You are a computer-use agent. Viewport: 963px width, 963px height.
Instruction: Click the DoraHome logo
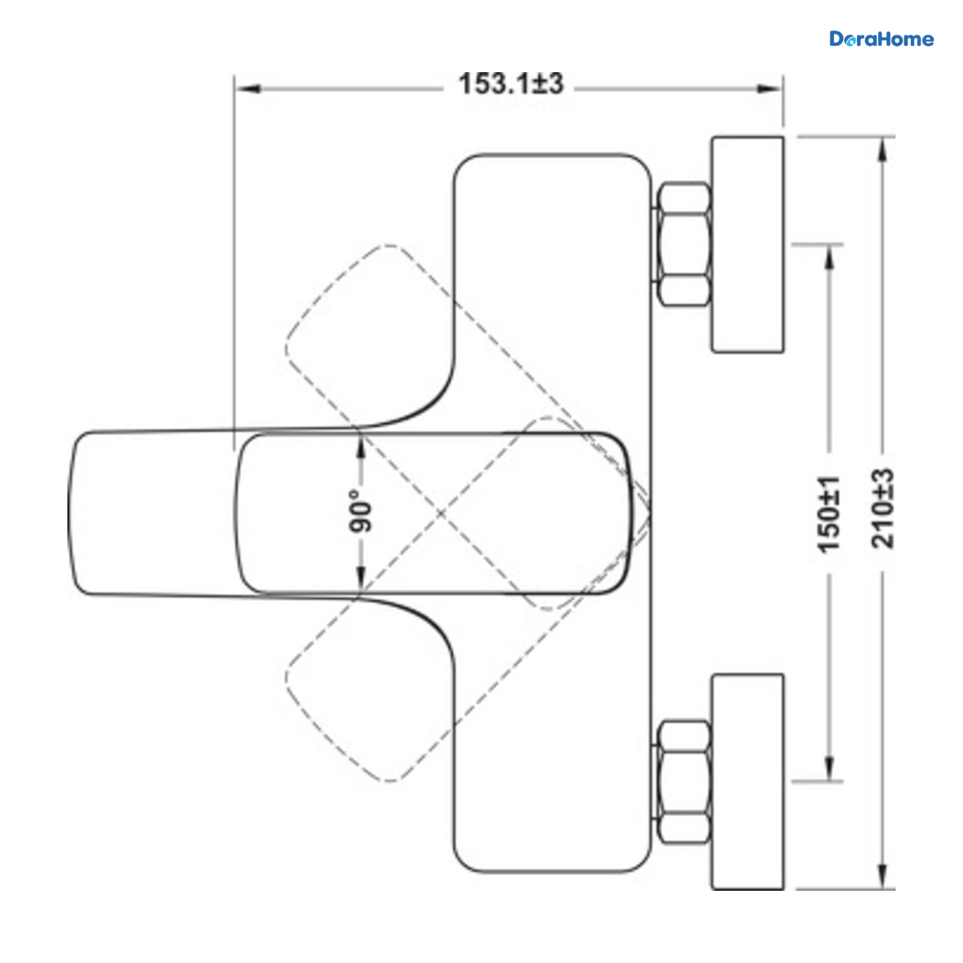[881, 39]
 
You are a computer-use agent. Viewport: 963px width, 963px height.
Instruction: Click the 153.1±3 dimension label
[510, 83]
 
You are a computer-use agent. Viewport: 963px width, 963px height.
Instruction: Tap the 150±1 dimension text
[828, 514]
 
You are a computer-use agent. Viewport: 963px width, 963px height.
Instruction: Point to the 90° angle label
[360, 510]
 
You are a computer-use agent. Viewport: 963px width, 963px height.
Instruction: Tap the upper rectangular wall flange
[748, 245]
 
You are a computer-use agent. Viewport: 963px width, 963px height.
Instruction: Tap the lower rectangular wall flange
[748, 782]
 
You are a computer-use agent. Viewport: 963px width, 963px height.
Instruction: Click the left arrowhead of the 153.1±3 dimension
[248, 89]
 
